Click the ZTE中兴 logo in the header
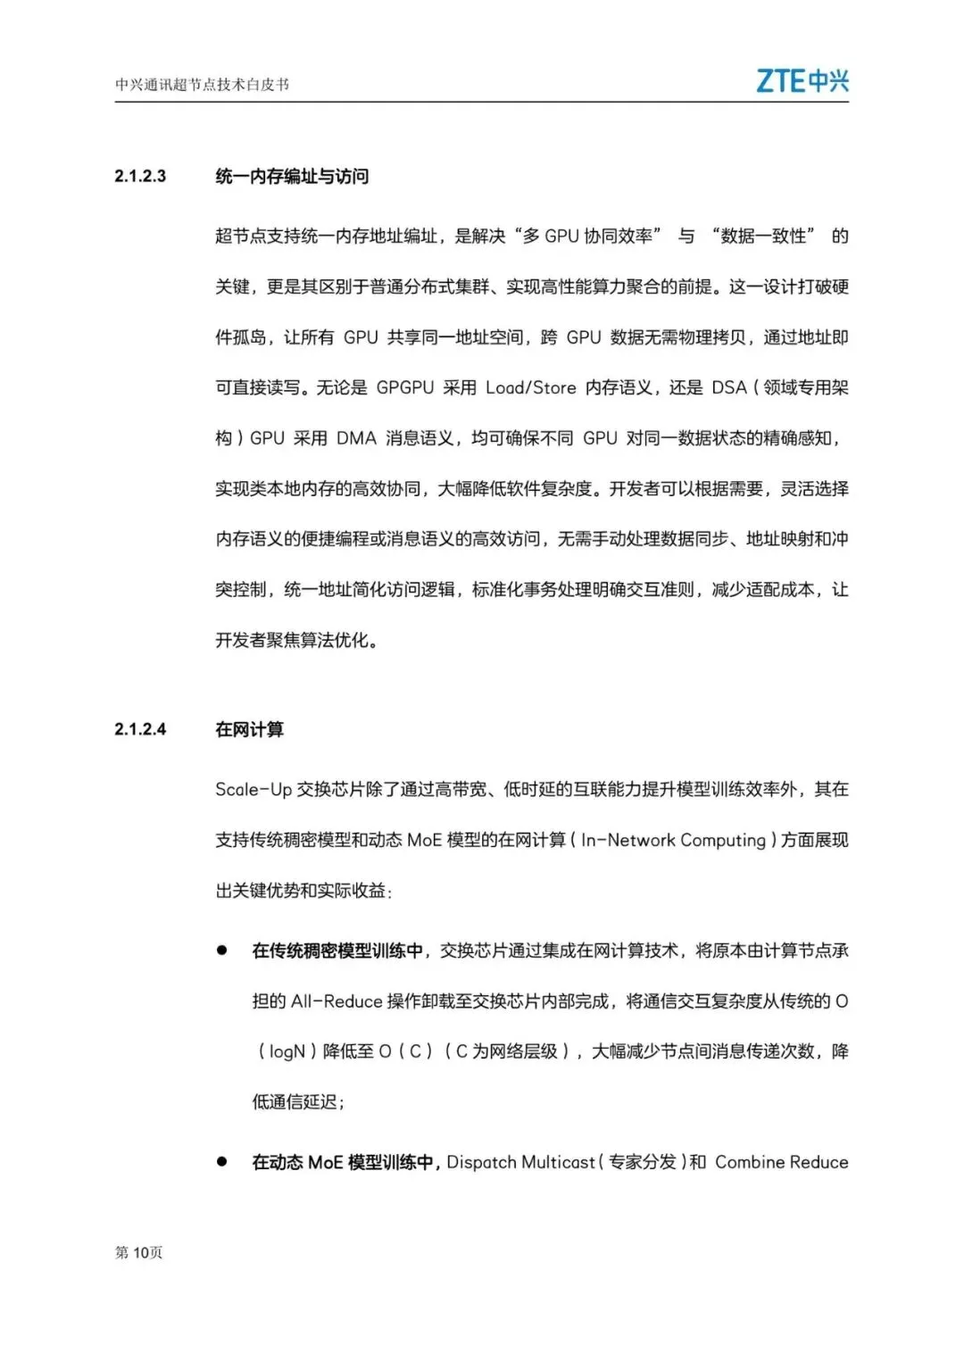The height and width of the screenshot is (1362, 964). (x=802, y=81)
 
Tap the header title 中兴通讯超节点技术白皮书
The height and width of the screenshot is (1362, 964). (x=202, y=85)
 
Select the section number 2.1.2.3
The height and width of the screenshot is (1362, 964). (x=140, y=176)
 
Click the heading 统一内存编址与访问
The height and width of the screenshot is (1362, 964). (x=292, y=177)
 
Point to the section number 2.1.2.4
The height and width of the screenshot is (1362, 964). (x=140, y=729)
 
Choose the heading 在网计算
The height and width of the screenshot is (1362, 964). (x=249, y=730)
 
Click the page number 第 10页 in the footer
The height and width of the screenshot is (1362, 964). (x=138, y=1253)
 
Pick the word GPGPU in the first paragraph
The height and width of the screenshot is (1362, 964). (x=404, y=387)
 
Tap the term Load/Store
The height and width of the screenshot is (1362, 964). (x=530, y=387)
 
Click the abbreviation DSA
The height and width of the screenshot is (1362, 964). (x=728, y=387)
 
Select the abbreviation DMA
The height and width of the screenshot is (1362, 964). (x=356, y=438)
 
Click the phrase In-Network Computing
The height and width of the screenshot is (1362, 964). (x=673, y=840)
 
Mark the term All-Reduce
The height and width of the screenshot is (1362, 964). (x=337, y=1001)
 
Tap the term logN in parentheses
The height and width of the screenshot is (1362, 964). (x=287, y=1052)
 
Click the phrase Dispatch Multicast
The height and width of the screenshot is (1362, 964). (x=520, y=1162)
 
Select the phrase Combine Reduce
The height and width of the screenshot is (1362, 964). (x=781, y=1162)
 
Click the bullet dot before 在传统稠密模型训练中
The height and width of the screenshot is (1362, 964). (x=221, y=951)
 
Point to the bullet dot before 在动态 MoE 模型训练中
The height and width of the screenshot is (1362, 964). (x=221, y=1161)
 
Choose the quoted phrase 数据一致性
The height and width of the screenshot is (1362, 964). (x=763, y=237)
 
